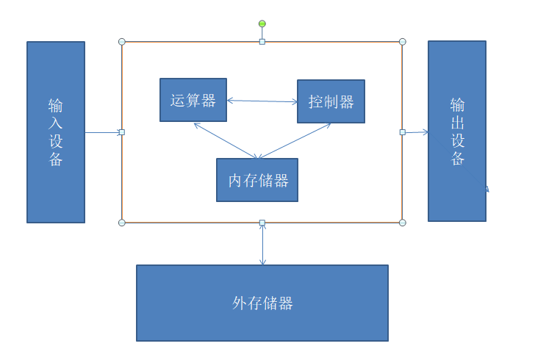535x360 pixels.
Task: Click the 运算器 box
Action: [x=193, y=100]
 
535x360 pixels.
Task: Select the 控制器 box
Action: [x=331, y=101]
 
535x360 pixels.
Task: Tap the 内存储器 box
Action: [x=257, y=180]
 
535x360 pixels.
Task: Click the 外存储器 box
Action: [x=262, y=303]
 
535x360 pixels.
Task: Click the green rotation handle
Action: [x=262, y=24]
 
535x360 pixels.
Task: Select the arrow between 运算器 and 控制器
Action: [x=262, y=101]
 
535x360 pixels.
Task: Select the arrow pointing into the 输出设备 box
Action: [x=417, y=132]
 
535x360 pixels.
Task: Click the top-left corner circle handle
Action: [x=122, y=42]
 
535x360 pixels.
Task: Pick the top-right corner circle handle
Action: [x=402, y=42]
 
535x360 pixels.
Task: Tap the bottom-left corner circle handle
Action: [x=122, y=222]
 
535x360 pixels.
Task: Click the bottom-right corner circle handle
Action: [x=402, y=222]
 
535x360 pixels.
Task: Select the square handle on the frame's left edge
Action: [x=122, y=132]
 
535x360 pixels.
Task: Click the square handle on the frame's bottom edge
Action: [x=262, y=222]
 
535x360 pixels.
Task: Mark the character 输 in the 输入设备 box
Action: [x=56, y=105]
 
